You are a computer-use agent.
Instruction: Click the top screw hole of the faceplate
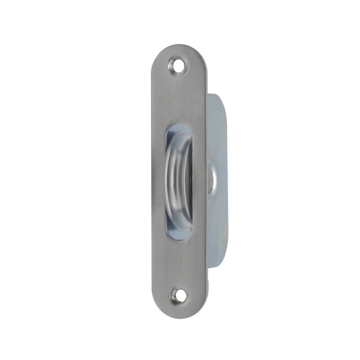click(x=178, y=66)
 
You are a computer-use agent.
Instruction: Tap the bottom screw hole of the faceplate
click(x=179, y=296)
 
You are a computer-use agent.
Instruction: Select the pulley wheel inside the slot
click(x=177, y=180)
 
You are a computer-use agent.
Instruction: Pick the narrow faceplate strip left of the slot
click(x=158, y=180)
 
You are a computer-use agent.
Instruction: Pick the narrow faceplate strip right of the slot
click(x=199, y=180)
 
